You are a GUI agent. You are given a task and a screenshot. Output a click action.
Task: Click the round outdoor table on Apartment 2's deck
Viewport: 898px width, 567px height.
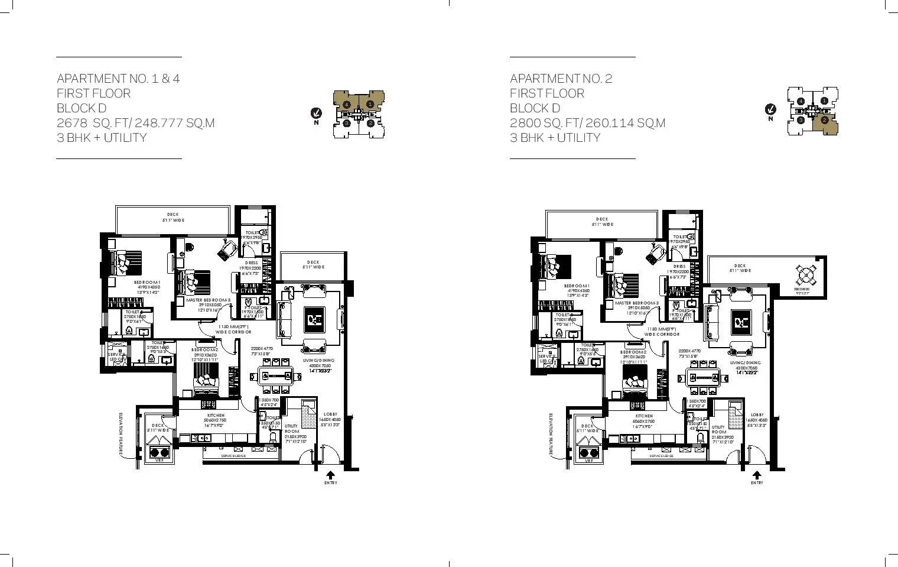805,276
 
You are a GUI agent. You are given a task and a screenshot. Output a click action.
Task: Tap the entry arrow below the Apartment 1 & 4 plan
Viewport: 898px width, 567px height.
330,475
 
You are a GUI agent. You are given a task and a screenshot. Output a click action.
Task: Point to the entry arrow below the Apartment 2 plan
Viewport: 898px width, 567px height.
757,475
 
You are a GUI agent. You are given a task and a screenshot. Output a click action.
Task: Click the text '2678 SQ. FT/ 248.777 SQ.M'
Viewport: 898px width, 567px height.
135,123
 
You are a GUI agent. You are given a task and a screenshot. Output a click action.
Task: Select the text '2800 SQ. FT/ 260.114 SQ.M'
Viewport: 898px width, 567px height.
587,123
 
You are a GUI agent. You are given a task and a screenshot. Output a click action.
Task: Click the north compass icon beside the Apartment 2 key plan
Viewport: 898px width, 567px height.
770,109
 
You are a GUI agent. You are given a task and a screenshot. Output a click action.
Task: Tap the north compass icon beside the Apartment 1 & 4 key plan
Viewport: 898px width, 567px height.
317,112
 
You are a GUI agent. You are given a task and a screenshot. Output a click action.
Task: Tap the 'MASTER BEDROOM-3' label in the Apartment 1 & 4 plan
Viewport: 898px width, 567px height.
209,300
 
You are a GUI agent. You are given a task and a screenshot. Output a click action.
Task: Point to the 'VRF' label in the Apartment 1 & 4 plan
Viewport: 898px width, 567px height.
158,461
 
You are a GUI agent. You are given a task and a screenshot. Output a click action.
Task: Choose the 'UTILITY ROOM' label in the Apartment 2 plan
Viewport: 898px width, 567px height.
718,429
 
